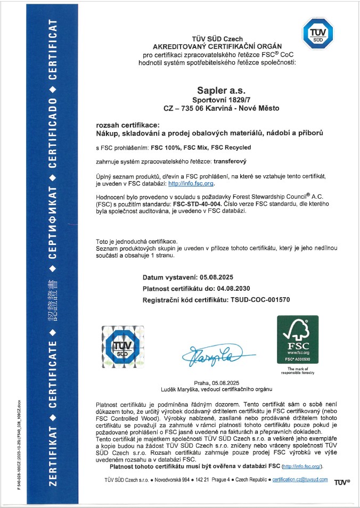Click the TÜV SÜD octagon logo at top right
point(317,33)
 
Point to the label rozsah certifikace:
point(123,125)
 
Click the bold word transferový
point(232,160)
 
